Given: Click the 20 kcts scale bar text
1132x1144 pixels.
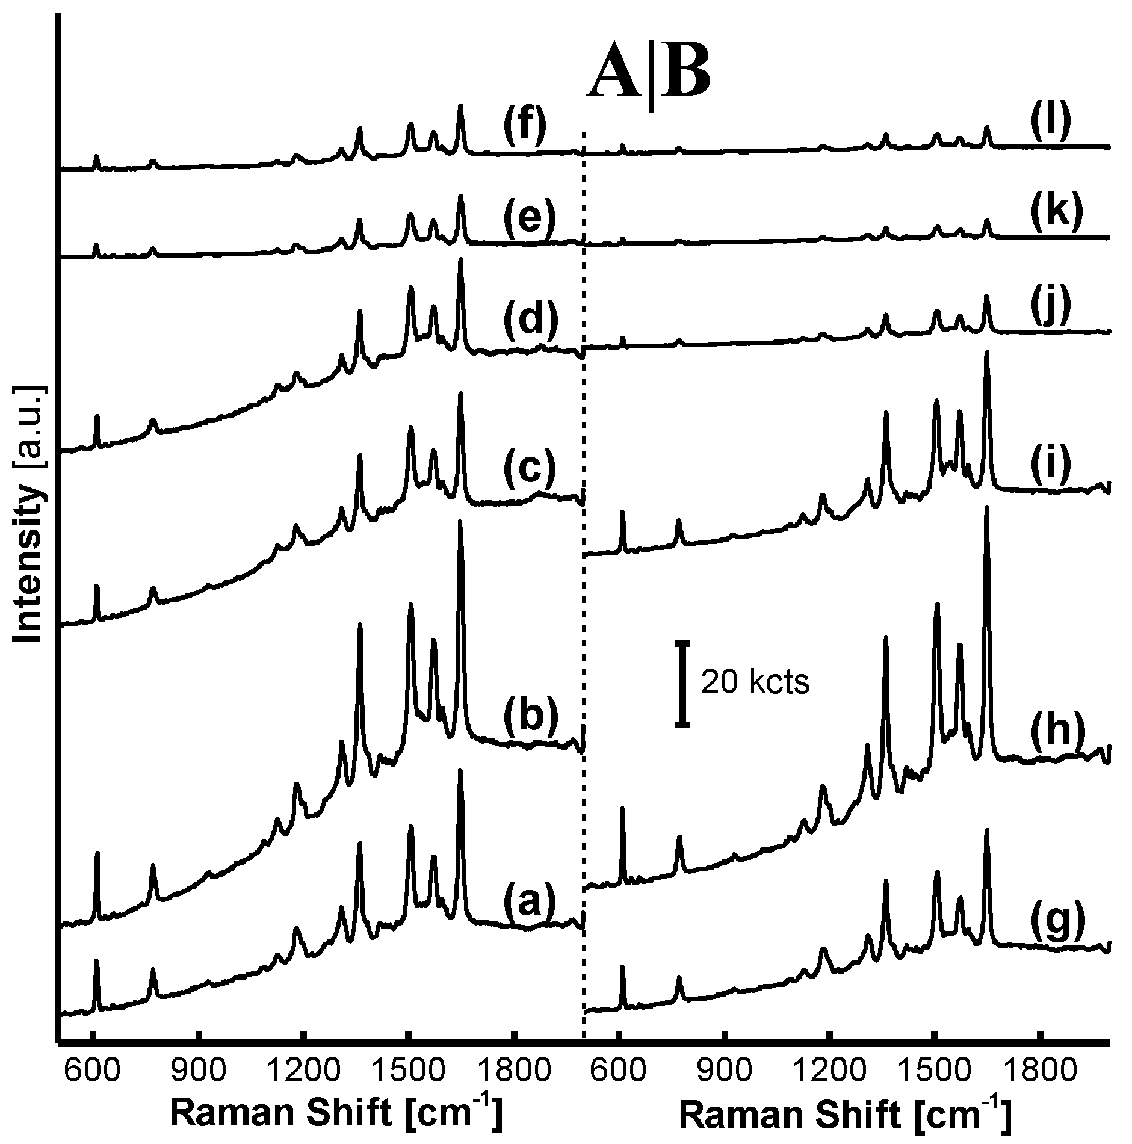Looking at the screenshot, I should click(x=755, y=684).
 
